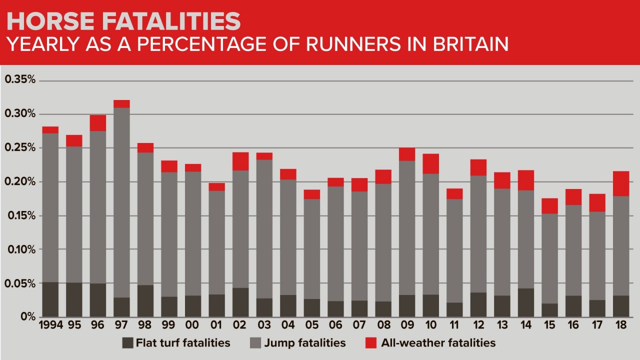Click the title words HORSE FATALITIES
pyautogui.click(x=123, y=21)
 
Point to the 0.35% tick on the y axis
pyautogui.click(x=20, y=80)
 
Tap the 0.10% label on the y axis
pyautogui.click(x=20, y=249)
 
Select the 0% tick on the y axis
pyautogui.click(x=27, y=317)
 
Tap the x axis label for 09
pyautogui.click(x=407, y=325)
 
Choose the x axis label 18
pyautogui.click(x=621, y=325)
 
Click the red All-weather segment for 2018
pyautogui.click(x=621, y=183)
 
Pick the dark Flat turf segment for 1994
pyautogui.click(x=50, y=299)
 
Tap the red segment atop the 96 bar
pyautogui.click(x=98, y=123)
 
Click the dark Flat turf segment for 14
pyautogui.click(x=526, y=302)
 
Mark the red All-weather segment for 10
pyautogui.click(x=430, y=163)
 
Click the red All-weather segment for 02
pyautogui.click(x=240, y=161)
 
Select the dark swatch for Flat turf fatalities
pyautogui.click(x=128, y=343)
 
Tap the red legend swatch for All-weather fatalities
pyautogui.click(x=370, y=343)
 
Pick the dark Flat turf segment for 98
pyautogui.click(x=145, y=301)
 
